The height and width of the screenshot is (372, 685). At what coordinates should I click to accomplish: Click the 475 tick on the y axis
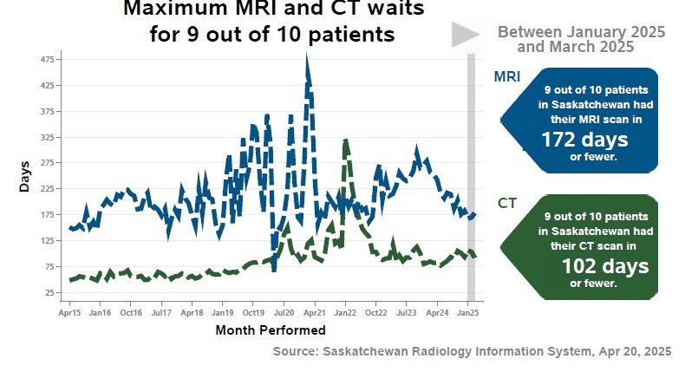click(47, 59)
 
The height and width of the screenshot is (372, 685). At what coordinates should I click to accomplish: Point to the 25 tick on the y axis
click(49, 292)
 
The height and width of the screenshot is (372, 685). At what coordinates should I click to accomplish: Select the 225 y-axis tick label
click(47, 189)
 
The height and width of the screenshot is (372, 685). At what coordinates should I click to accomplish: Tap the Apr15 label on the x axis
click(69, 311)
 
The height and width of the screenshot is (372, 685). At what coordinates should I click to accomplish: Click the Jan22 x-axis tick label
click(345, 311)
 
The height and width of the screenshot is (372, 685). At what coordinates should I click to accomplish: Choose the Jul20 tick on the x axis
click(284, 311)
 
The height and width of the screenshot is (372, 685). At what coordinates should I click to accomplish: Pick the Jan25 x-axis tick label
click(468, 311)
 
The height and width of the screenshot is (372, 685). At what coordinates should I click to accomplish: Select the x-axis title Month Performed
click(270, 330)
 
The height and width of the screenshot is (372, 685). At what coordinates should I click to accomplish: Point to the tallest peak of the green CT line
click(346, 140)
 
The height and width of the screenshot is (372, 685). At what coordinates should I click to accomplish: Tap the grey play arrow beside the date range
click(466, 34)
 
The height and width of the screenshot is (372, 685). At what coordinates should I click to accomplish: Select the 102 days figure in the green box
click(605, 266)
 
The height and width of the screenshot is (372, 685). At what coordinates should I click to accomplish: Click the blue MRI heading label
click(507, 77)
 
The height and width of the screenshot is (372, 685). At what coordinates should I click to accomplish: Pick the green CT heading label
click(507, 204)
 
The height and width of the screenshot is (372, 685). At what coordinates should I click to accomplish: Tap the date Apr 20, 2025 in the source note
click(633, 351)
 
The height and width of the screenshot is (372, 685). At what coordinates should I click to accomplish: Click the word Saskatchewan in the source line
click(369, 351)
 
